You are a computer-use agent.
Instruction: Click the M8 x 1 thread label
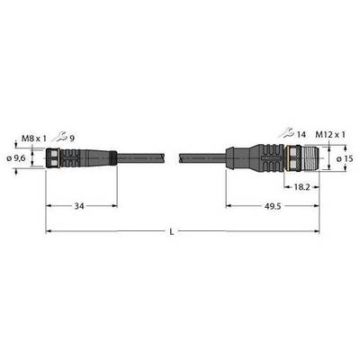click(x=34, y=139)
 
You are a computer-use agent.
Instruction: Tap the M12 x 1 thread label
click(x=330, y=135)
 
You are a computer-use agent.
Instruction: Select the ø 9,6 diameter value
click(x=16, y=158)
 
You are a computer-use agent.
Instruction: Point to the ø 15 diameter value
click(x=345, y=159)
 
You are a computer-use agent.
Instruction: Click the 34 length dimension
click(x=79, y=206)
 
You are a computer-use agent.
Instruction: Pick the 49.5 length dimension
click(x=273, y=206)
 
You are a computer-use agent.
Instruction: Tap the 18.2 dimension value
click(x=301, y=187)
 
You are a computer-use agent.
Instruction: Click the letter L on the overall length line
click(x=172, y=231)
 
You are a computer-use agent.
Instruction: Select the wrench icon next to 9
click(x=59, y=137)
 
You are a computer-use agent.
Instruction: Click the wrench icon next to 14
click(x=285, y=133)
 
